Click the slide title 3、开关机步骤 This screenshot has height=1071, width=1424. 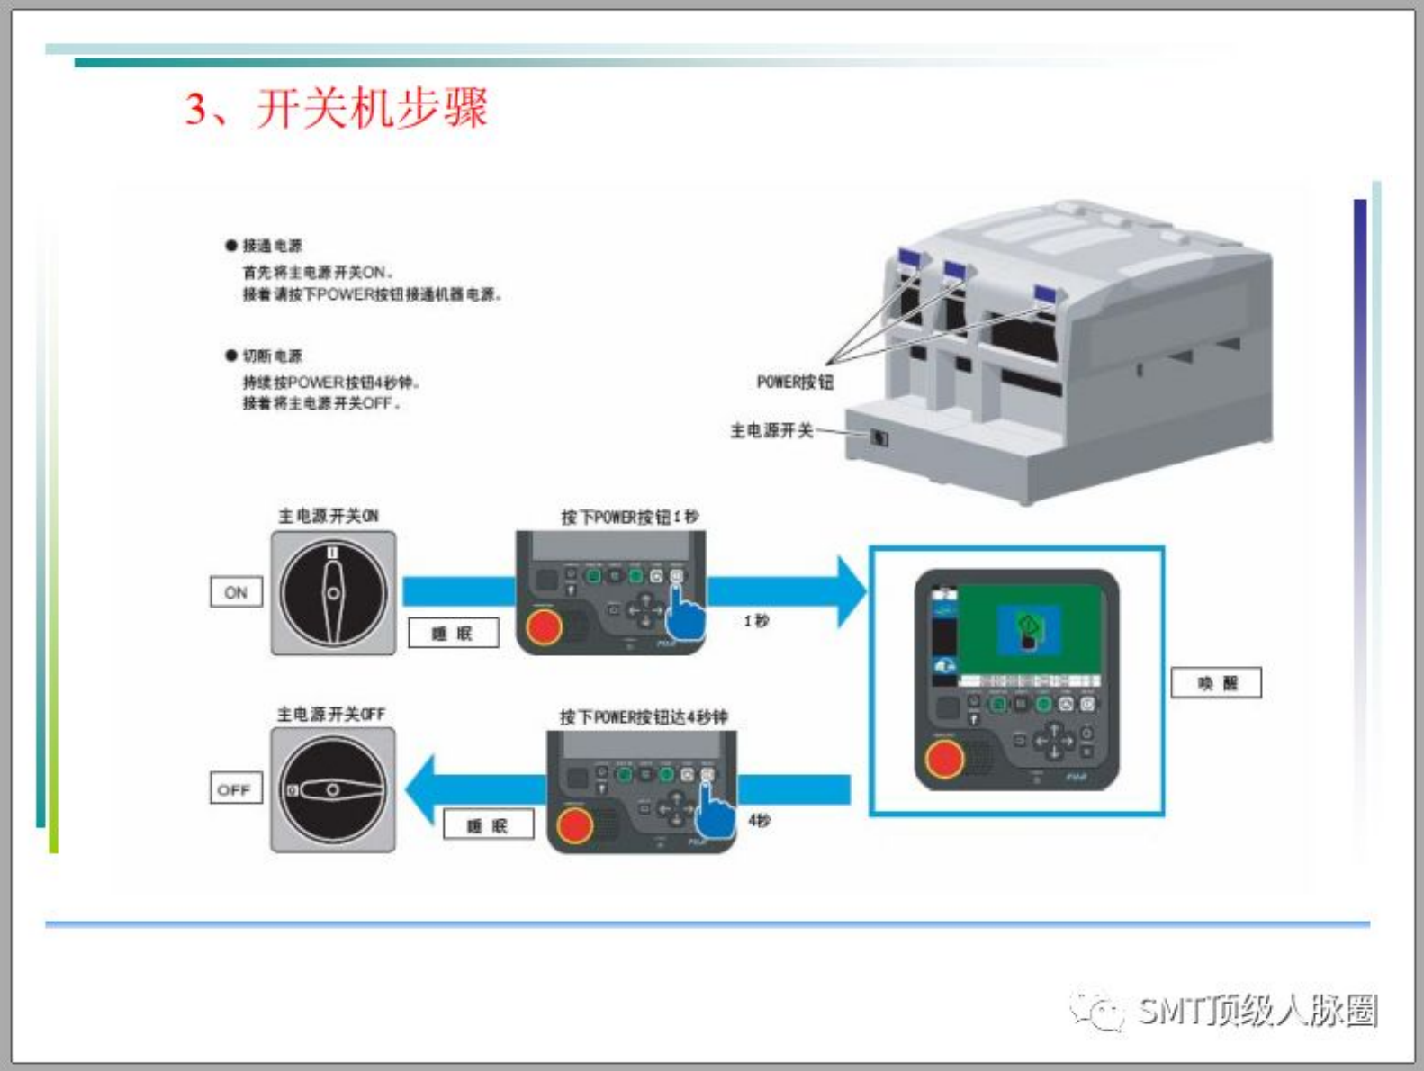337,109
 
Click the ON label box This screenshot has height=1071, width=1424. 236,592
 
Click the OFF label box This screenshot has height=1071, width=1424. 234,789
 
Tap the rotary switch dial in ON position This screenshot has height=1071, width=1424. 333,593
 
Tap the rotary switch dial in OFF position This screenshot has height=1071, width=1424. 333,790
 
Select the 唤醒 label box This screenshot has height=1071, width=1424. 1216,683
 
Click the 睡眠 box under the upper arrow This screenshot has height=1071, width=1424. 453,633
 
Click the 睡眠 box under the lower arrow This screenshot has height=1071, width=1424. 488,824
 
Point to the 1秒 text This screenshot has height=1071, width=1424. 756,621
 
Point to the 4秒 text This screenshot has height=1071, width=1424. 759,821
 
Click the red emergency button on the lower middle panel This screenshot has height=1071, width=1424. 574,824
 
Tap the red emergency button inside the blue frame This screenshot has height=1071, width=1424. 943,760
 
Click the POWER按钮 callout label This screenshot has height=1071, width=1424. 795,382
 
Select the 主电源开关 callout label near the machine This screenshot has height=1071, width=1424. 771,431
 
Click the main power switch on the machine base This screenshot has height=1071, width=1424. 879,438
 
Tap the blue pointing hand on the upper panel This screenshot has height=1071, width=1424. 685,614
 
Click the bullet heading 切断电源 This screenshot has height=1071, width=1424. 272,355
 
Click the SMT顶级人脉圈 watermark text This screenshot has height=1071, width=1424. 1257,1011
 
